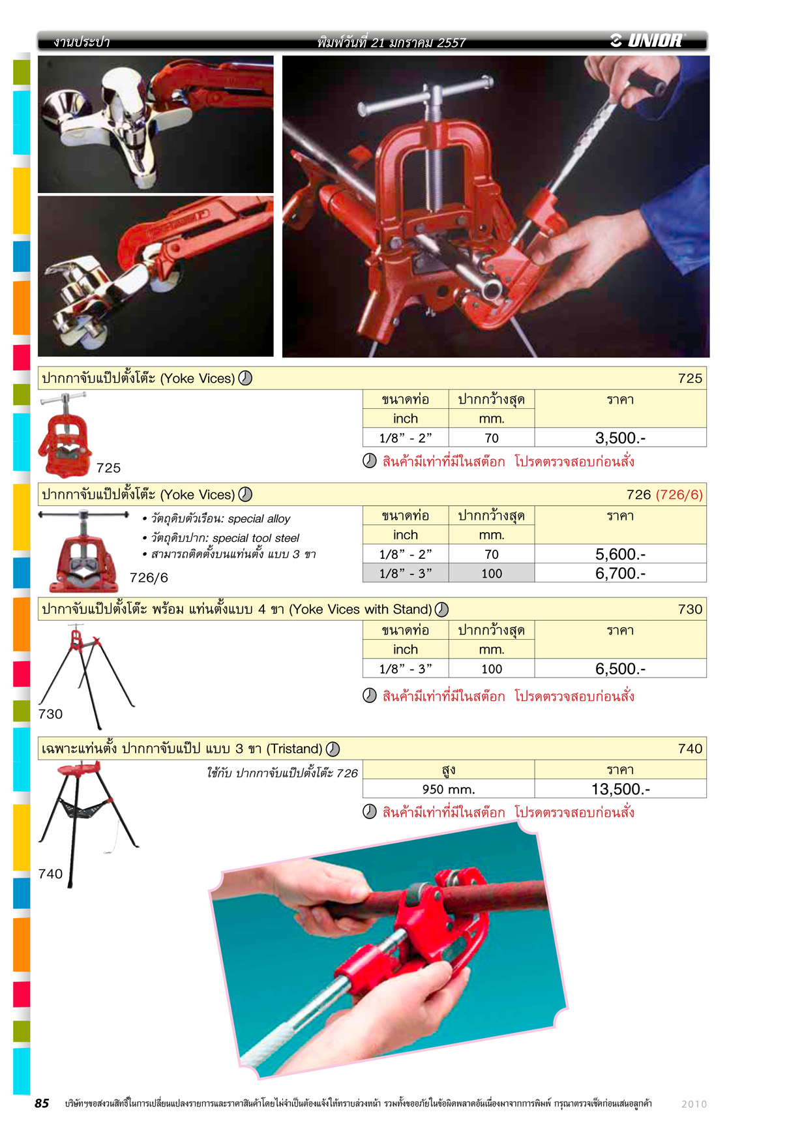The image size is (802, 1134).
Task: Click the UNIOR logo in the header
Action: coord(647,40)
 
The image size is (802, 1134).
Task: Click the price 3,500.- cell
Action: coord(620,438)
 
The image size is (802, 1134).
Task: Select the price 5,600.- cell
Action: coord(620,554)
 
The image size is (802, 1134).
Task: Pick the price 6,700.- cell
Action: coord(620,573)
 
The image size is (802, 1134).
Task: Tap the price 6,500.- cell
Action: coord(620,668)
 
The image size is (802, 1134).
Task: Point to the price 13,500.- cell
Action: coord(620,789)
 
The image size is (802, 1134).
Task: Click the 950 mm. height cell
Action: coord(449,789)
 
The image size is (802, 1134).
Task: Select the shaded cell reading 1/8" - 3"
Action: coord(406,573)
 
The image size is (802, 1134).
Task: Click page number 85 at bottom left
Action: coord(42,1103)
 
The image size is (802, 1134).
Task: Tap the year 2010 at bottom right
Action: coord(694,1104)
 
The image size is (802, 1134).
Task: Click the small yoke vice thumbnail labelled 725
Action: coord(65,435)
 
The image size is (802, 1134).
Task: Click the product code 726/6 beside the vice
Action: coord(149,578)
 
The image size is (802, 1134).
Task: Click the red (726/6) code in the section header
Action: coord(679,494)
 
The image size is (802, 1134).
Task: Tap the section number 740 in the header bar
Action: coord(690,749)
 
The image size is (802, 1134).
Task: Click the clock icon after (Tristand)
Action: coord(333,749)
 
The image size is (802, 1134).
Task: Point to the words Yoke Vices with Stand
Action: coord(362,609)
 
